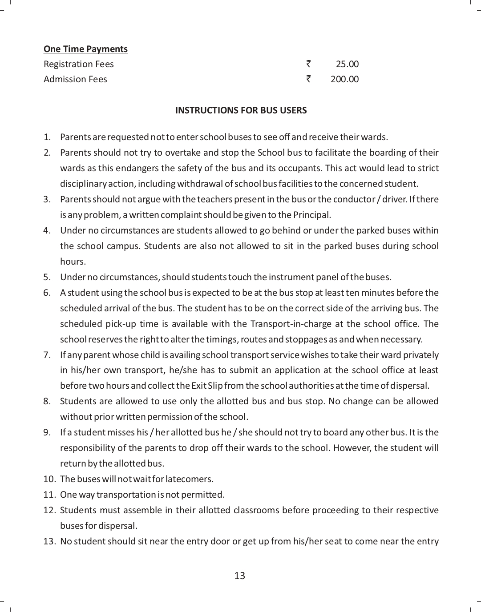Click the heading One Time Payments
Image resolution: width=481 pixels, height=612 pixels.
coord(85,49)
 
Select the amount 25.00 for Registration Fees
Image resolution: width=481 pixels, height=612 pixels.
coord(347,64)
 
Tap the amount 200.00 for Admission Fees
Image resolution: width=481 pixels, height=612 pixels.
coord(344,79)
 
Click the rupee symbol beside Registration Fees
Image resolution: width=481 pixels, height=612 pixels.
coord(309,64)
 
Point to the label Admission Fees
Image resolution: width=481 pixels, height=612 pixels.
coord(75,79)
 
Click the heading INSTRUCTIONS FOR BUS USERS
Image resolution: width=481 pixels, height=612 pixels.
coord(241,110)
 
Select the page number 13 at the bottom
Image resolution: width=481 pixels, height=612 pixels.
coord(239,576)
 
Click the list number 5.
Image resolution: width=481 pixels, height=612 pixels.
coord(47,277)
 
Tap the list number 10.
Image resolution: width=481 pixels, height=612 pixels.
coord(49,479)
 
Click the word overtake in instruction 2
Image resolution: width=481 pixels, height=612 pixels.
coord(182,153)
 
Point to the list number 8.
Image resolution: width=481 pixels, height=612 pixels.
coord(47,401)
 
